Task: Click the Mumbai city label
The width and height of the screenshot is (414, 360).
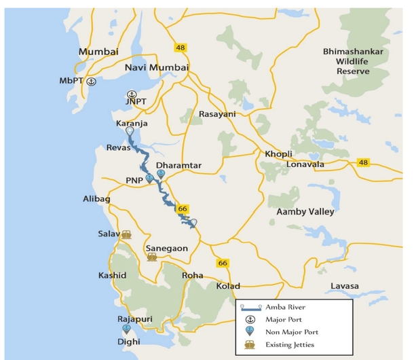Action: coord(98,52)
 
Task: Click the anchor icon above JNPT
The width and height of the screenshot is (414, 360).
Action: coord(132,95)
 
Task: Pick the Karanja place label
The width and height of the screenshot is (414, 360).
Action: coord(132,124)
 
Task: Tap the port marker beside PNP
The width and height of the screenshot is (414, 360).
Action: coord(149,179)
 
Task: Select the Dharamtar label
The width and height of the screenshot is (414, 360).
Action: coord(178,165)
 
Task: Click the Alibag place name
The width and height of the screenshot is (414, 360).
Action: coord(96,200)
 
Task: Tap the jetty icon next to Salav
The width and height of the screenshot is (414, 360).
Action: coord(127,234)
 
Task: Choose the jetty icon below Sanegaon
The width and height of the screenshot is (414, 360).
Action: coord(152,257)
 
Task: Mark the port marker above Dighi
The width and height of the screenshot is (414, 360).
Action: coord(126,329)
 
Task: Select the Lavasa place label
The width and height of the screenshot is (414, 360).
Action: coord(345,286)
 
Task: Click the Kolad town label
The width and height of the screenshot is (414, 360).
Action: coord(228,286)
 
